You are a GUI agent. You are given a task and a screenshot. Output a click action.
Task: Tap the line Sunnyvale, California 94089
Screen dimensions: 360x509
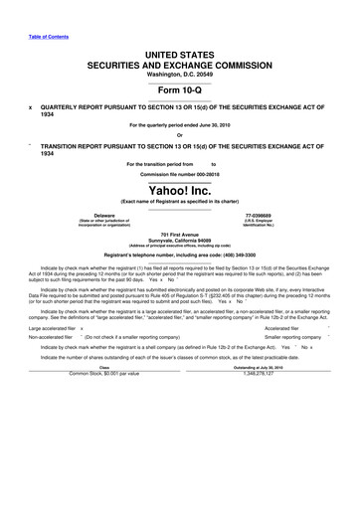pyautogui.click(x=180, y=240)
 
